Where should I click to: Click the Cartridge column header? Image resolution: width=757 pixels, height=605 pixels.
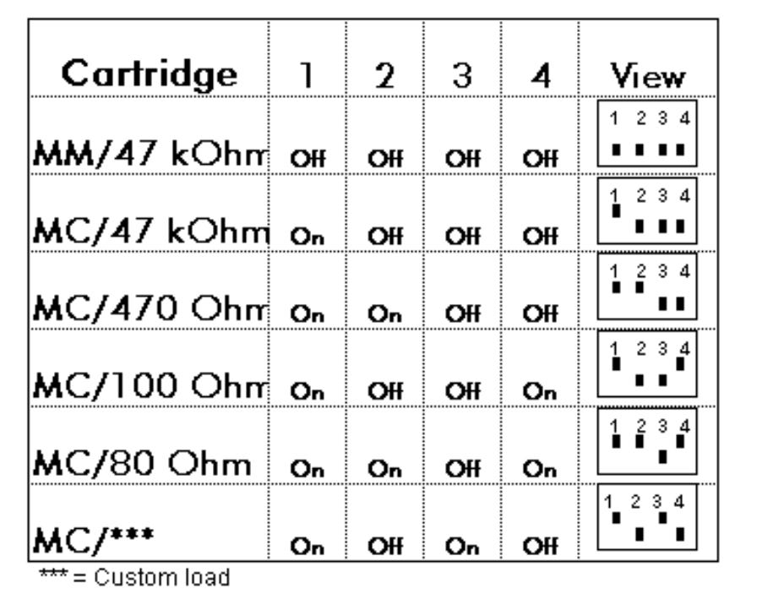point(150,75)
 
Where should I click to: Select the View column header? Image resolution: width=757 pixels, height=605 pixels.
point(647,76)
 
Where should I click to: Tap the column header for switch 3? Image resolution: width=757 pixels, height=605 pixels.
point(462,76)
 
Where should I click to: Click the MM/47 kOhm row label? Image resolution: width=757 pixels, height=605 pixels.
point(150,153)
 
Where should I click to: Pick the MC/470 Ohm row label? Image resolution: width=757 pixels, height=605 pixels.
point(150,308)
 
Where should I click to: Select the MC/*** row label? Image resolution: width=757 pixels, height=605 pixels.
point(94,539)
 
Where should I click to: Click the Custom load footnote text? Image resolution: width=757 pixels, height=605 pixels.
point(134,577)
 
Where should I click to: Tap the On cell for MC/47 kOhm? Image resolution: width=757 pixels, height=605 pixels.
point(307,236)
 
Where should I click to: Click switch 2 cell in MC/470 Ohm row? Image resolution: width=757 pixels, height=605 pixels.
point(384,313)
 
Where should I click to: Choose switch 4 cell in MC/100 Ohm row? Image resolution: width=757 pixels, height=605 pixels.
point(539,391)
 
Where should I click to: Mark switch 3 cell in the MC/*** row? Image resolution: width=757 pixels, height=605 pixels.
point(462,547)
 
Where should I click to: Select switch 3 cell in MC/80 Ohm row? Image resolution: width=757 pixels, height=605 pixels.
point(462,468)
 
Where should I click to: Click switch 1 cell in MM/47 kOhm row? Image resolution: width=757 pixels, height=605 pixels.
point(308,158)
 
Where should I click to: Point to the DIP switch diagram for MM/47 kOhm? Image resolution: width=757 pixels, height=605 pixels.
point(647,134)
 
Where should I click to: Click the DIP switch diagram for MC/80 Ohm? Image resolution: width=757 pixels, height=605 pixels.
point(647,441)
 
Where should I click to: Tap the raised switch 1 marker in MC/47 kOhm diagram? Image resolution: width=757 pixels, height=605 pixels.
point(616,211)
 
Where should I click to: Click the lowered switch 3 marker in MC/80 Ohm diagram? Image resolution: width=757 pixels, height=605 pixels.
point(663,456)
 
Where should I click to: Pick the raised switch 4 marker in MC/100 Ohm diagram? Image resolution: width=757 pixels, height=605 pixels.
point(680,363)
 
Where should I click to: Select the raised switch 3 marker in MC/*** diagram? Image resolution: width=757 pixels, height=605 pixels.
point(663,518)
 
